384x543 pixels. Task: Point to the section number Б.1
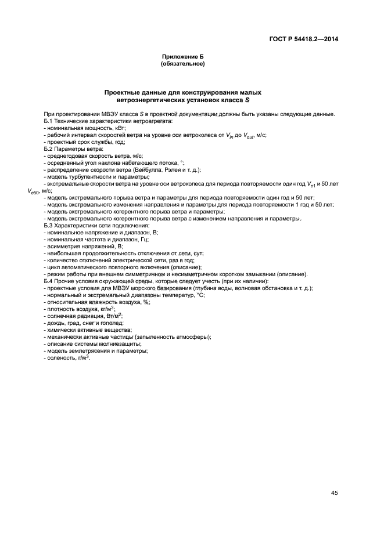click(x=49, y=121)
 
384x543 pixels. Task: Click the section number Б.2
click(x=49, y=150)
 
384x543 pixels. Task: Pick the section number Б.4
click(x=49, y=281)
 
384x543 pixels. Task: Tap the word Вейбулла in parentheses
click(x=146, y=171)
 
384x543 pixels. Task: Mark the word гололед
click(x=110, y=323)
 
